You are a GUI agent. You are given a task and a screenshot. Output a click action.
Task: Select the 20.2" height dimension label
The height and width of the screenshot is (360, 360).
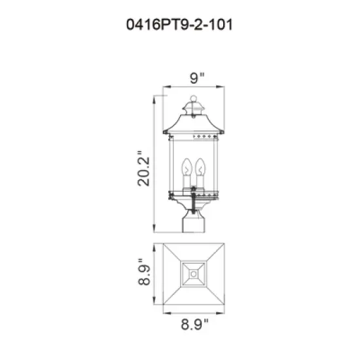pyautogui.click(x=143, y=169)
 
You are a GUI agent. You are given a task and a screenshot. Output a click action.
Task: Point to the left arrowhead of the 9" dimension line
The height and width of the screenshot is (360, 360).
pyautogui.click(x=164, y=88)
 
